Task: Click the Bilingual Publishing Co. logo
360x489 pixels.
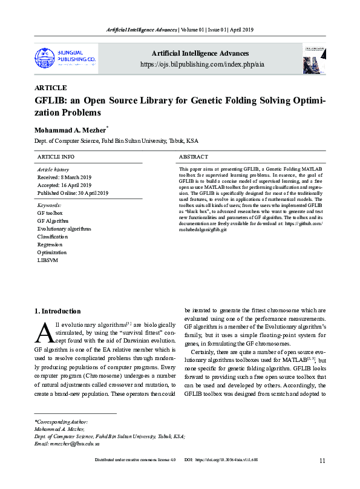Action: pos(65,57)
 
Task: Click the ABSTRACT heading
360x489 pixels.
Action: pos(194,157)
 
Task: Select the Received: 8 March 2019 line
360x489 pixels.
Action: pos(64,177)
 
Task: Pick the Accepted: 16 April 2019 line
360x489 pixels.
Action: pos(65,185)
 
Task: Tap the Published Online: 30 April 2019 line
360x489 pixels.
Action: pos(73,193)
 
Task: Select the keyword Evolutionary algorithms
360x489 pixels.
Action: pos(64,229)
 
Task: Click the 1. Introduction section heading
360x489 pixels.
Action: pos(57,312)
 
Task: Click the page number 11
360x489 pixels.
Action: pos(322,461)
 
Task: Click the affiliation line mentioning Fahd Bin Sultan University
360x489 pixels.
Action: pos(116,141)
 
